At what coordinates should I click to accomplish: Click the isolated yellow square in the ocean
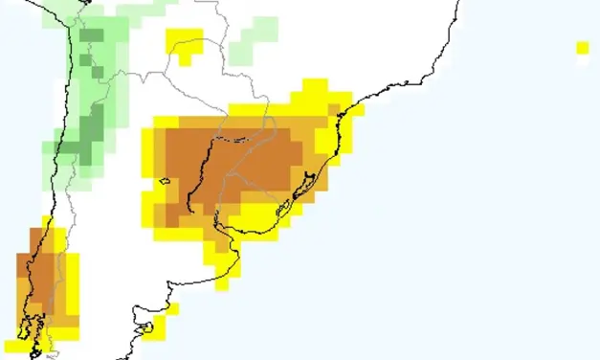pos(582,47)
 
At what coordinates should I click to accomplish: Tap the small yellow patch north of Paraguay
pos(184,44)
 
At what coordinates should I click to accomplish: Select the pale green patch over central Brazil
pos(256,36)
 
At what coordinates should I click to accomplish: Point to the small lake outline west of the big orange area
pos(165,180)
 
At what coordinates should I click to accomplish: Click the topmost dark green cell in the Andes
pos(92,36)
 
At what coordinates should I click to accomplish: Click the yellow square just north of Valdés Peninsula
pos(172,308)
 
